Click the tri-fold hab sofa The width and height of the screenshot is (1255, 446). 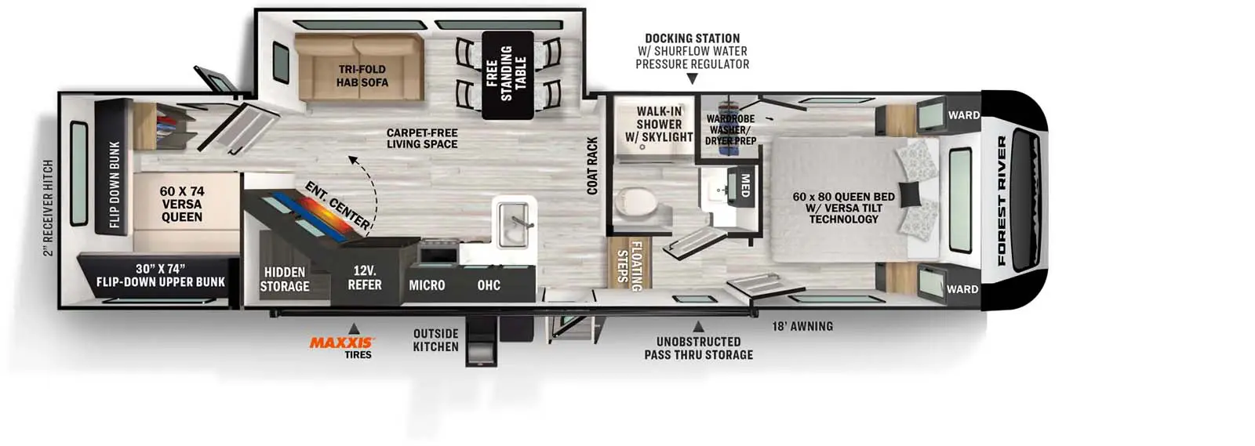pos(359,67)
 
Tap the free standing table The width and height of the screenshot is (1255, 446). pos(507,75)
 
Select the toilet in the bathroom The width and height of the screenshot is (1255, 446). pos(636,202)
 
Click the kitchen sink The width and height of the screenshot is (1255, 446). pos(513,224)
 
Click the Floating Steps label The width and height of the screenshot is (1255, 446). pos(629,265)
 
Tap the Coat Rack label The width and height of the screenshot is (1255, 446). pos(592,166)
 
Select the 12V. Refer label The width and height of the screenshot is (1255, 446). pos(364,277)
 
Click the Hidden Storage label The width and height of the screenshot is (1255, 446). pos(285,279)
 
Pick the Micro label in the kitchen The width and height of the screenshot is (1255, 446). pos(427,285)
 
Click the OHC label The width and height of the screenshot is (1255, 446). pos(489,285)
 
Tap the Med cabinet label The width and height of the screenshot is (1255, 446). pos(745,186)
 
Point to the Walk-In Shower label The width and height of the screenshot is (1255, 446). pos(659,124)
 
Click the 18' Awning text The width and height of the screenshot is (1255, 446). pos(802,326)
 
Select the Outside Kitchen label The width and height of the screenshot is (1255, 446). pos(436,340)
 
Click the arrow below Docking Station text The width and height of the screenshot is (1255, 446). pos(693,79)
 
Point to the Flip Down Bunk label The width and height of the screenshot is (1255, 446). pos(115,185)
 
